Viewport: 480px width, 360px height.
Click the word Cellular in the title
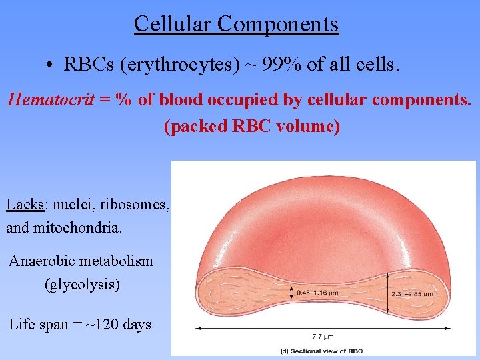173,24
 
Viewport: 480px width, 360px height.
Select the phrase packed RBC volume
251,127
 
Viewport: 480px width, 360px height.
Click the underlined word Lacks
25,204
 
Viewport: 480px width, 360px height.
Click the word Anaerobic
45,261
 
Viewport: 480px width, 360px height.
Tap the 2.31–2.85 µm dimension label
413,293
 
